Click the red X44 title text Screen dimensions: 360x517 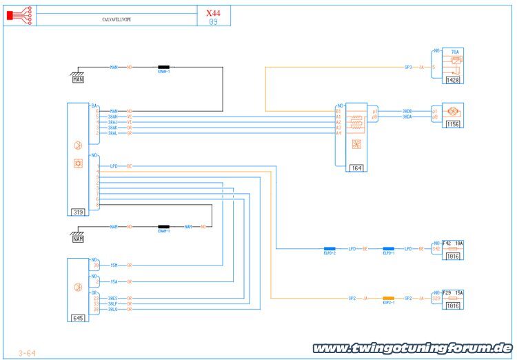[213, 12]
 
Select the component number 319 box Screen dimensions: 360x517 [78, 212]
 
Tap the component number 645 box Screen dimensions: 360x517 [77, 319]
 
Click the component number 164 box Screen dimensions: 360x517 [356, 168]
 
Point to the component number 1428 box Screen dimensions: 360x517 [452, 80]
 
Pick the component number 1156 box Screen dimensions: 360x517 [452, 124]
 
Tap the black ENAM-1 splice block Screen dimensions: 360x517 [164, 226]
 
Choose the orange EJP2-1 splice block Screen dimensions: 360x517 [389, 297]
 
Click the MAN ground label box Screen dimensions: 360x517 [78, 79]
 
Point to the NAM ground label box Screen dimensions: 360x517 [78, 238]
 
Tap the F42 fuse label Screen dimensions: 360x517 [445, 243]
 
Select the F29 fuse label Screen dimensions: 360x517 [445, 293]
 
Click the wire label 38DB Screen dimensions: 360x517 [407, 111]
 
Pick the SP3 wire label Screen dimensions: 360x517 [408, 68]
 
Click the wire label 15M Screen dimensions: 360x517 [114, 265]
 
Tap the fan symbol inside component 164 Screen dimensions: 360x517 [356, 144]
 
